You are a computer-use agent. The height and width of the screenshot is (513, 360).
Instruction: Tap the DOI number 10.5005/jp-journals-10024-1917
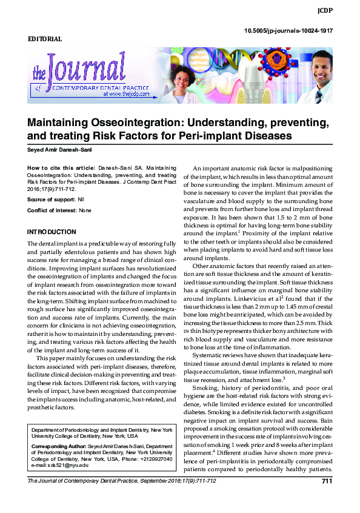tap(288, 30)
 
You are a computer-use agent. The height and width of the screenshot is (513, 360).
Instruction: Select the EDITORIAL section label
tap(45, 39)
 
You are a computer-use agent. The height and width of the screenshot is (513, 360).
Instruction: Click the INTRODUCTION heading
tap(52, 232)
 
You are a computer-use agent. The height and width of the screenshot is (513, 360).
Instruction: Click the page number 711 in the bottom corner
tap(327, 481)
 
